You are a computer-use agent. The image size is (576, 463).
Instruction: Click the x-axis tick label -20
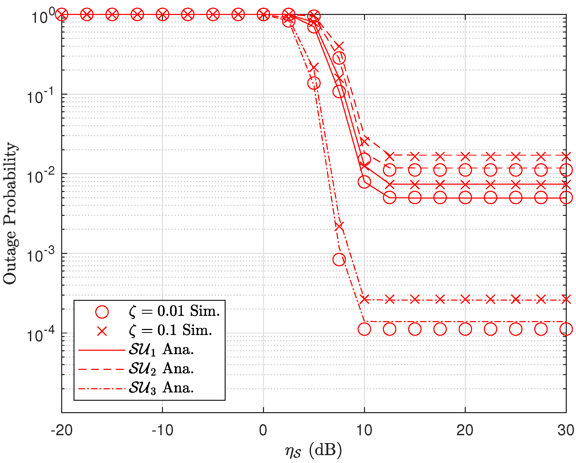62,430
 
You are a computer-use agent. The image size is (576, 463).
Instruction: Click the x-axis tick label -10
162,430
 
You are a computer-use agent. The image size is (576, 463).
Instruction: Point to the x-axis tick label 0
263,430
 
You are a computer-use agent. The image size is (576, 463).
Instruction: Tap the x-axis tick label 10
364,430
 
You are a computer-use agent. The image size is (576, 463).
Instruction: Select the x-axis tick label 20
465,430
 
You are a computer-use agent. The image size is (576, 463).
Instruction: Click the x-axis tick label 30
566,430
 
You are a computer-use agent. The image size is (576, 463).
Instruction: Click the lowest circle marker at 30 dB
566,329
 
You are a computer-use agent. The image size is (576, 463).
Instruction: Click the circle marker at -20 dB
62,14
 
